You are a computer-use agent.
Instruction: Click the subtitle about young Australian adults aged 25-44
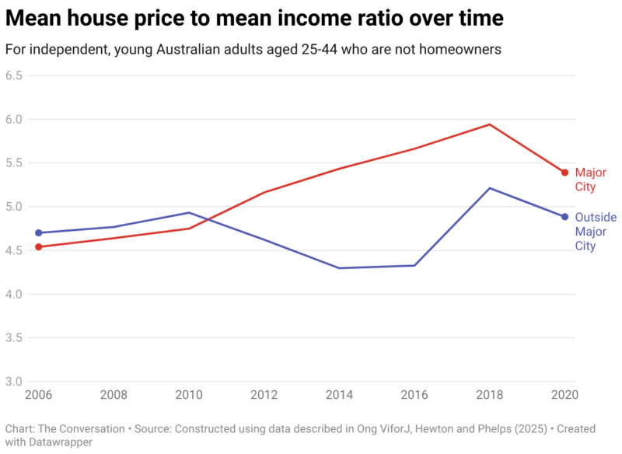(x=253, y=49)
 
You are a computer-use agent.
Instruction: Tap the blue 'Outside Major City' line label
(x=596, y=232)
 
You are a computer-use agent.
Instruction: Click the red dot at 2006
(x=38, y=247)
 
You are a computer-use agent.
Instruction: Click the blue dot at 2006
(x=38, y=233)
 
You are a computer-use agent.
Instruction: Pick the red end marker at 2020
(x=565, y=173)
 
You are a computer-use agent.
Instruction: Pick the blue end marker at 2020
(x=565, y=217)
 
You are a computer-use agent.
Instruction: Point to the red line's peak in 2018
(x=490, y=124)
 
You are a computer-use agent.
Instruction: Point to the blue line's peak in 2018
(x=490, y=188)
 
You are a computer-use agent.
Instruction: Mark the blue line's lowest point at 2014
(x=340, y=268)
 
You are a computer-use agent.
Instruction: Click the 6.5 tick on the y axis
(x=13, y=75)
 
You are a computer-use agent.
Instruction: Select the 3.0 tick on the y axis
(x=13, y=382)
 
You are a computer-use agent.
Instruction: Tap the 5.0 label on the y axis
(x=13, y=207)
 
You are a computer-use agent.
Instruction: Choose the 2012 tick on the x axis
(x=264, y=395)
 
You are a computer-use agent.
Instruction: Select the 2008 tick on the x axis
(x=114, y=395)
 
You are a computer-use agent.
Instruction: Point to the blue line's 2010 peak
(x=189, y=212)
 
